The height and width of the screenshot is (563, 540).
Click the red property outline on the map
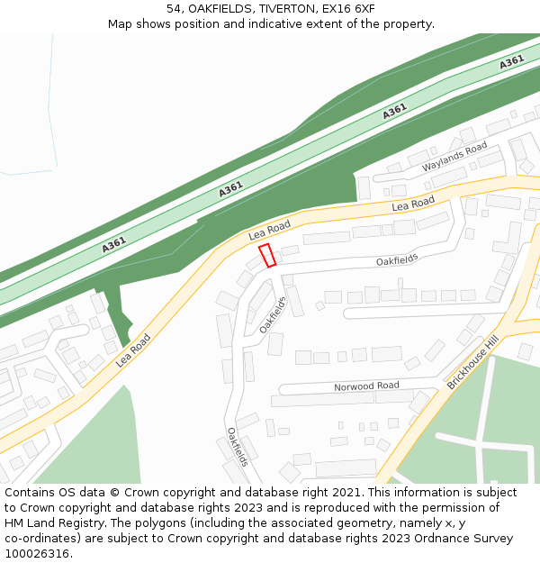pyautogui.click(x=267, y=256)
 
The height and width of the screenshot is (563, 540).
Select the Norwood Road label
pyautogui.click(x=366, y=386)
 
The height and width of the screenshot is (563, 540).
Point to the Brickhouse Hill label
pyautogui.click(x=472, y=361)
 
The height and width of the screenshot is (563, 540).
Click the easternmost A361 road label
pyautogui.click(x=512, y=62)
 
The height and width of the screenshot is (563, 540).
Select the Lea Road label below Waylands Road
pyautogui.click(x=413, y=204)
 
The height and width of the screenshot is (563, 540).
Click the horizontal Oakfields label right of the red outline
pyautogui.click(x=397, y=260)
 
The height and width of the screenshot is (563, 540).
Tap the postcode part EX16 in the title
pyautogui.click(x=334, y=9)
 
